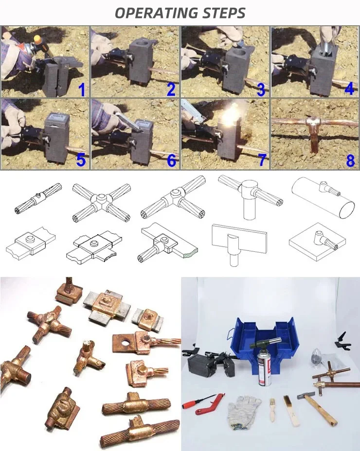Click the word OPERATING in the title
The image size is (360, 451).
pos(157,13)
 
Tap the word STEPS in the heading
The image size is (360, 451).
pos(224,13)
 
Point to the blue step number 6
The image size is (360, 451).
pos(171,161)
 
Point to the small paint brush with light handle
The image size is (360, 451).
pos(272,410)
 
